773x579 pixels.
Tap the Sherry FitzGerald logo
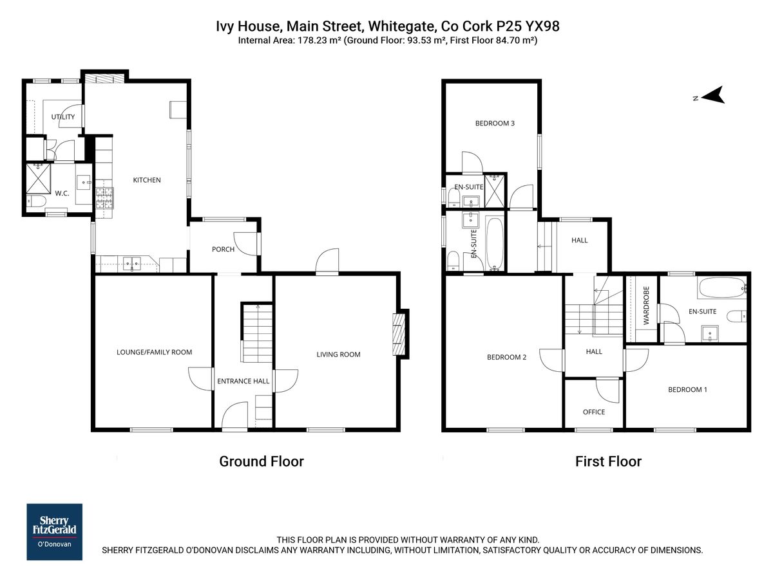[54, 531]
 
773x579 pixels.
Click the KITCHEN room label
[147, 180]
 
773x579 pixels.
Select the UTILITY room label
[63, 117]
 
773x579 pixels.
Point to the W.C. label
[62, 193]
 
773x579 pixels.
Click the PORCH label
[223, 250]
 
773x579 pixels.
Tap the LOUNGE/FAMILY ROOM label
[154, 352]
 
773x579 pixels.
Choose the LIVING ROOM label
[338, 354]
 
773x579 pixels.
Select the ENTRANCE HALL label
[243, 381]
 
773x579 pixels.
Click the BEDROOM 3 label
[495, 124]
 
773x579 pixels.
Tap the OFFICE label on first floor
[593, 412]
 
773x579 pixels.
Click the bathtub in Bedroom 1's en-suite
[721, 287]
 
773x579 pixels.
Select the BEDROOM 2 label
[506, 358]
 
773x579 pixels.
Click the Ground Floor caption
[261, 461]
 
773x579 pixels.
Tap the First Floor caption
[608, 461]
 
